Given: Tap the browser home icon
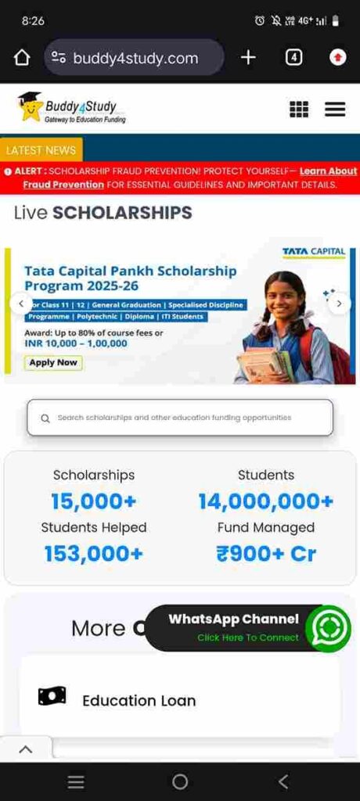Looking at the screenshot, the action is pos(22,57).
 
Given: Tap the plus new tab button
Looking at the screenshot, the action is pos(248,57).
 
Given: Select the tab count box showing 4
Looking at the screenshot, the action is pos(293,57).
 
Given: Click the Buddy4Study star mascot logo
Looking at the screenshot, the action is pos(30,108).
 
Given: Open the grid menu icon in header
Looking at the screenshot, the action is pos(299,110).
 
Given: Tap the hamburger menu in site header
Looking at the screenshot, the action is pos(335,110).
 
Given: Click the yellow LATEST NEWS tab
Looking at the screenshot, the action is pos(41,150).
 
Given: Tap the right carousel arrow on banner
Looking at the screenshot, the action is pos(339,304).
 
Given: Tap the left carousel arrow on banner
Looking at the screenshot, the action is pos(21,304).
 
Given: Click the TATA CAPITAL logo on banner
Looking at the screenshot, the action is pos(313,252).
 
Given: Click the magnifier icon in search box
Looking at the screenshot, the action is pos(45,418).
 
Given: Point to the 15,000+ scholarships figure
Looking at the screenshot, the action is pos(94,501).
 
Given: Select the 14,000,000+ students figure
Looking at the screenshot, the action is pos(266,501).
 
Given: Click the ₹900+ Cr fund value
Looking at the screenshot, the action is pos(266,554).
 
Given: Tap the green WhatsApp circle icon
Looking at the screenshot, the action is pos(328,627).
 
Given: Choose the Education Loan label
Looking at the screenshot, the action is pos(139,700).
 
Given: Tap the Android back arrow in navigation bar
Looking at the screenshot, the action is pos(283,781).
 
